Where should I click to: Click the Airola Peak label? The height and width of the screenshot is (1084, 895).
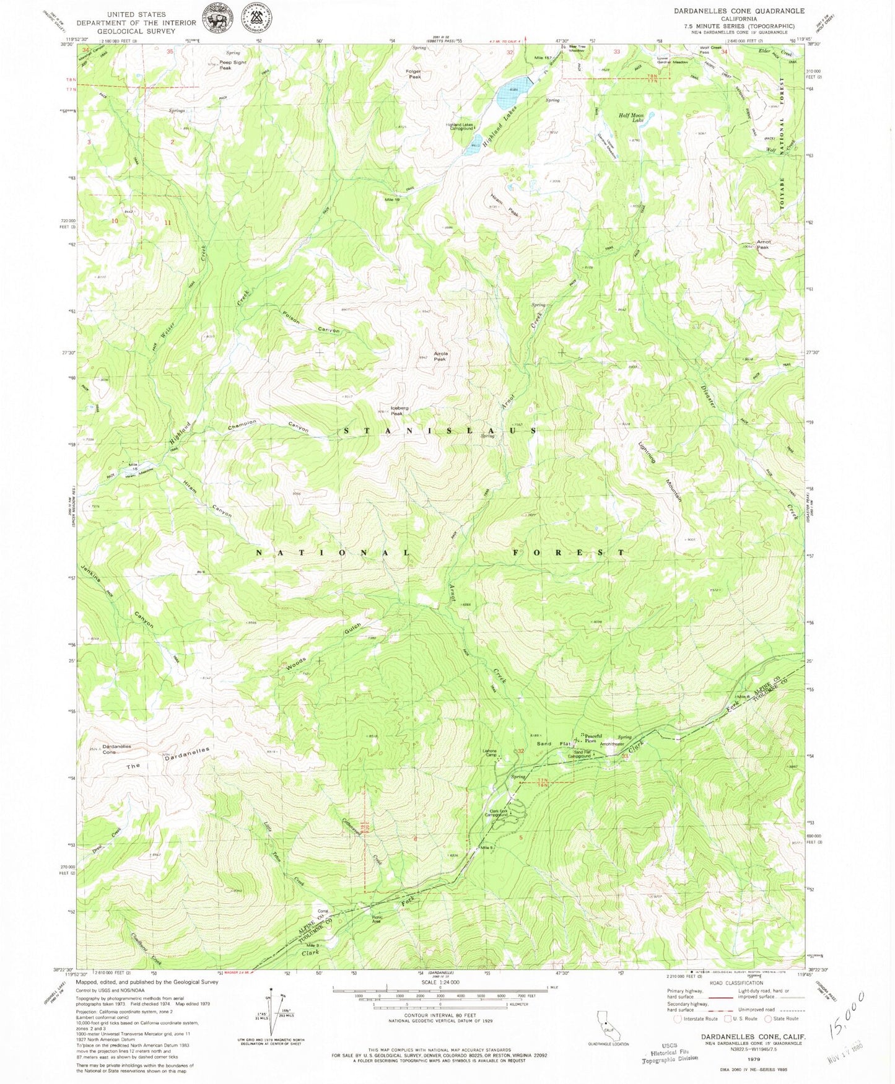[x=440, y=356]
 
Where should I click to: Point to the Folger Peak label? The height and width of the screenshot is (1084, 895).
[x=414, y=74]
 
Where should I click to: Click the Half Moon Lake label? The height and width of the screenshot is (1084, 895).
[x=631, y=118]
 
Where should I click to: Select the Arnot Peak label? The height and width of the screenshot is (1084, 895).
[x=762, y=244]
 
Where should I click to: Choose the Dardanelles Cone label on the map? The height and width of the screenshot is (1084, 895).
[x=116, y=749]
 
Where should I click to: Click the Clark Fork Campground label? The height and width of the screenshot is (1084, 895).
[x=499, y=813]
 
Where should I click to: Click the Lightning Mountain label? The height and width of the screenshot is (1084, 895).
[x=663, y=471]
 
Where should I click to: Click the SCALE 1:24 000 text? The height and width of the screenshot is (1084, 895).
[x=440, y=1000]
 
